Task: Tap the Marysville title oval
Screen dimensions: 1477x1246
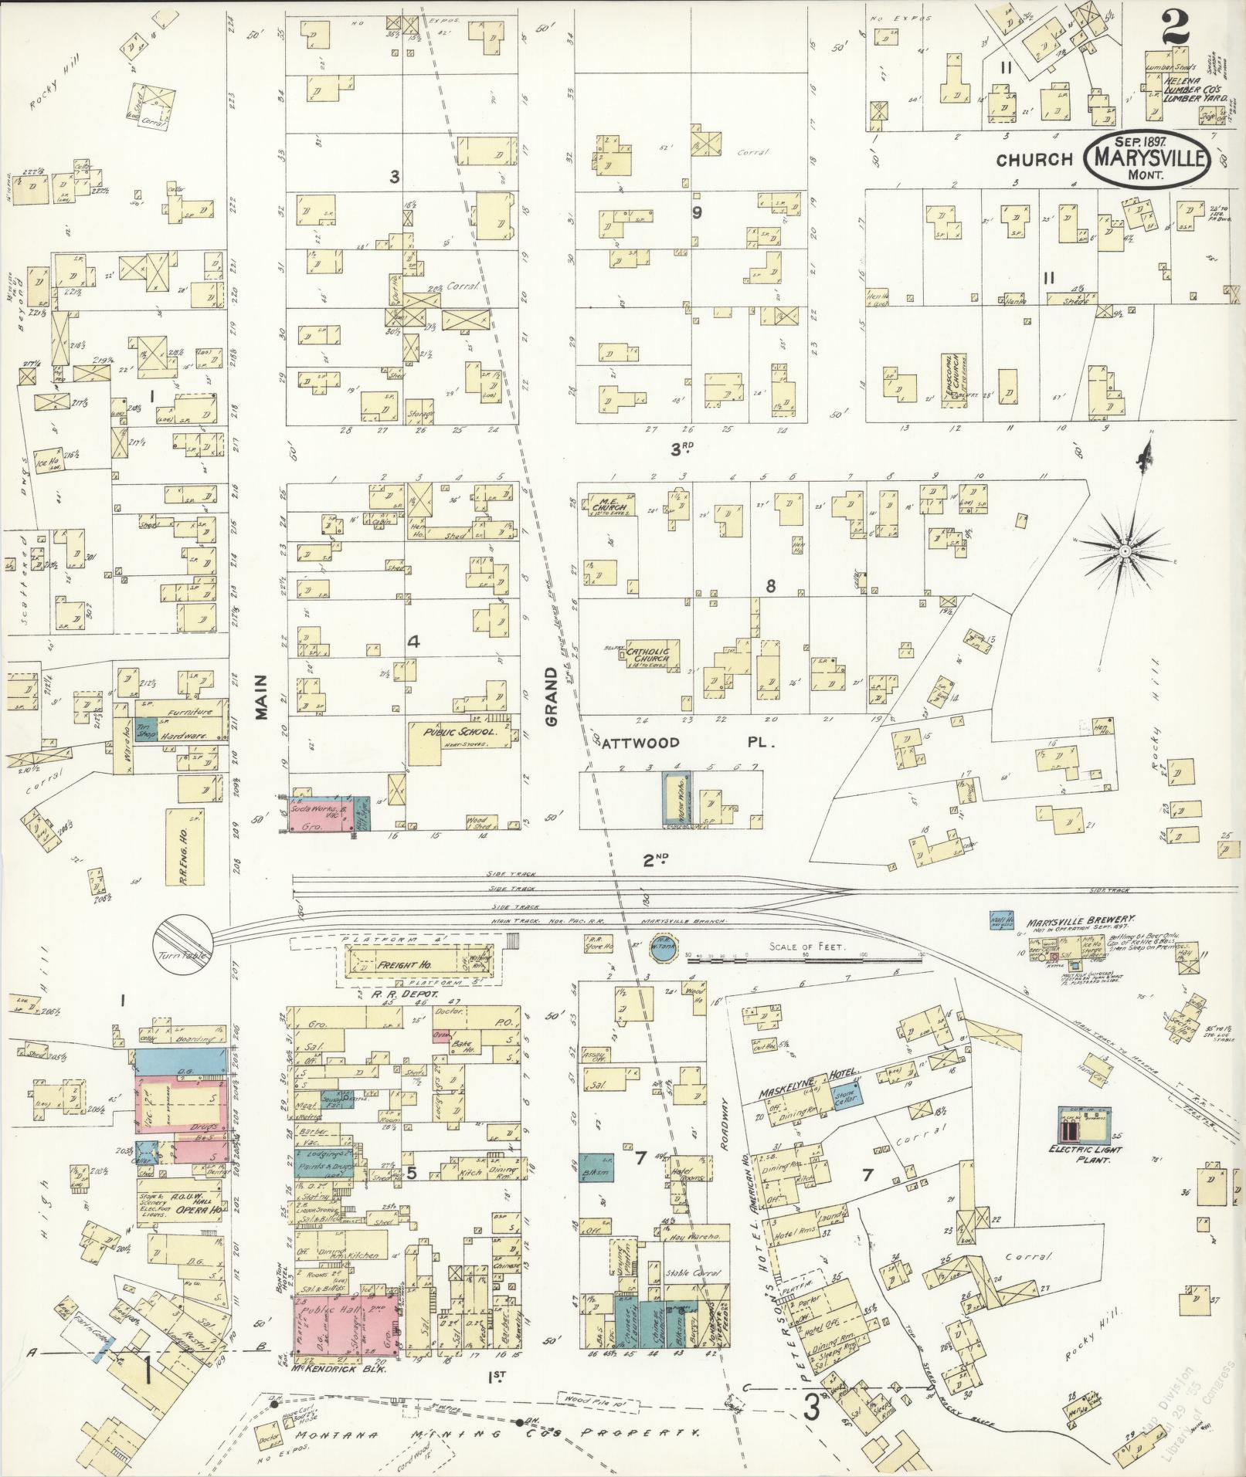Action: click(1146, 160)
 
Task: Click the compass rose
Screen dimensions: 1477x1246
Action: click(1125, 550)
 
